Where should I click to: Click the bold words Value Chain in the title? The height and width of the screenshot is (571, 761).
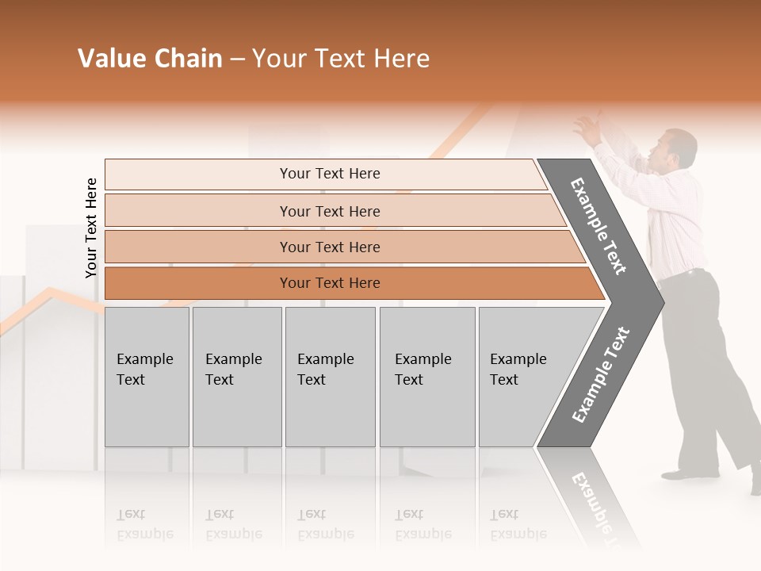[150, 59]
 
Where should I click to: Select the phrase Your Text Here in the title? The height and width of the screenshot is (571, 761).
[341, 59]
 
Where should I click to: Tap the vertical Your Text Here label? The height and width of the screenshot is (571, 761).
[91, 228]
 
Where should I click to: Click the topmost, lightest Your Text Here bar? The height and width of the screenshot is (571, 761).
[329, 174]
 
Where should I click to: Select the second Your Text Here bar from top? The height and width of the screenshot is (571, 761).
[329, 211]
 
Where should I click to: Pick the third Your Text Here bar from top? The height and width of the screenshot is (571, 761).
[329, 247]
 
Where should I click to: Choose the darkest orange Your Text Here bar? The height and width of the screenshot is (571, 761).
[329, 283]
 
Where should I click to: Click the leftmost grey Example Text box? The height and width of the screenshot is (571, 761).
[147, 377]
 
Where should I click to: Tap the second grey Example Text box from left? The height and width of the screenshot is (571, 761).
[237, 377]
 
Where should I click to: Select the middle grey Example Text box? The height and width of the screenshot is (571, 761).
[330, 377]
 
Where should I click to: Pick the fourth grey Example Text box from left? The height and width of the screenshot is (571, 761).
[427, 377]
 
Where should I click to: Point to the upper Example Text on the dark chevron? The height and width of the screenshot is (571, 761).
[598, 226]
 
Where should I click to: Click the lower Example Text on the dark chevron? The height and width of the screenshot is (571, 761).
[600, 375]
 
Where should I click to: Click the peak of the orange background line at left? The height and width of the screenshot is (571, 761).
[49, 290]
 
